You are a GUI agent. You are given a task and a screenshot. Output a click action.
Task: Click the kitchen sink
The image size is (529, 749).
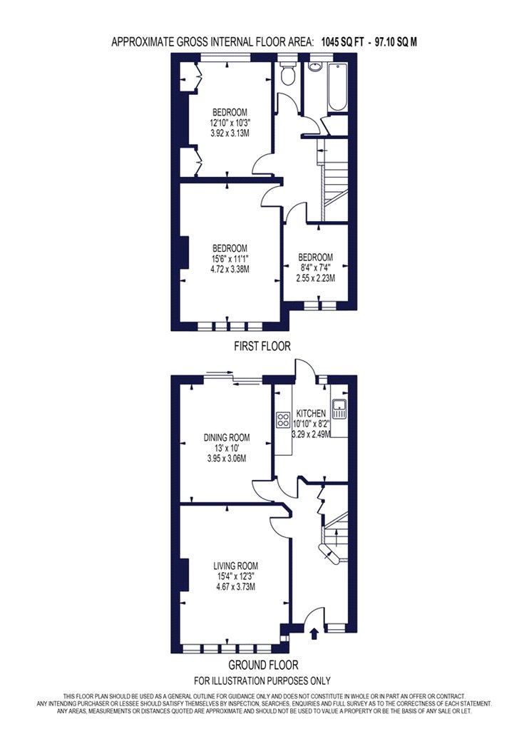point(340,409)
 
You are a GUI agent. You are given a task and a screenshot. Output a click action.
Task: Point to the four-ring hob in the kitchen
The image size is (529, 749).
point(282,419)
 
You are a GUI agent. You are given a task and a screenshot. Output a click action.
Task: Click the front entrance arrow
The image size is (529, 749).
point(314,633)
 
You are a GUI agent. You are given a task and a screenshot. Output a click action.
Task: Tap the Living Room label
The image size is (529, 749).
point(235,566)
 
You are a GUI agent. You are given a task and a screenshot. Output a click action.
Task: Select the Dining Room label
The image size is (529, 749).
point(227,437)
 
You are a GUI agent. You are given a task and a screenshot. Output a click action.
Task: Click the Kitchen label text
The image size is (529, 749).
point(312,413)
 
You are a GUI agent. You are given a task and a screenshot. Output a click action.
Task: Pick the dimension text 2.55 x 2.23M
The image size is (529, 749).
point(316,278)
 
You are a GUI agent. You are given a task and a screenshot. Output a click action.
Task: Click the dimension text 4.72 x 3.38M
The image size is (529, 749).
point(230,269)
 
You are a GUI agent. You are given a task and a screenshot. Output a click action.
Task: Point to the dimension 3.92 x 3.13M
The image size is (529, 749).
point(230,133)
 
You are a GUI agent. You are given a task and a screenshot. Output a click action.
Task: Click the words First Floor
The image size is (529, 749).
point(262,346)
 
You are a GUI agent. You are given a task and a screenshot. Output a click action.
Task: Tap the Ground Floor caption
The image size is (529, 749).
point(263,664)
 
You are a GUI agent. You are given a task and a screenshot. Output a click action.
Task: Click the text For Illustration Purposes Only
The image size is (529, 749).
point(262,681)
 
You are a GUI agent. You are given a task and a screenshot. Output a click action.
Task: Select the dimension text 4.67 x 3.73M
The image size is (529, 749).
point(235,586)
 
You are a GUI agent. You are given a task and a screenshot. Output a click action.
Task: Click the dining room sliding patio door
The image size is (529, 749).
point(233,378)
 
